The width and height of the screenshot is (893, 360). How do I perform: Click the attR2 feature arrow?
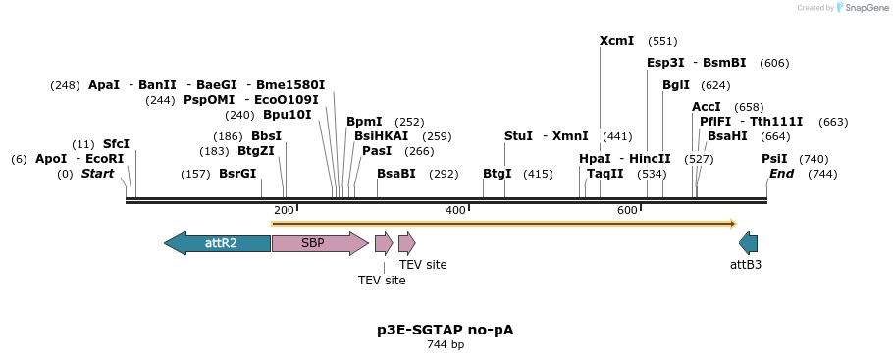click(218, 243)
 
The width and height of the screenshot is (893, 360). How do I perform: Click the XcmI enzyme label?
click(616, 41)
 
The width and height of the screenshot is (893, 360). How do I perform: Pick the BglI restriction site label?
click(676, 85)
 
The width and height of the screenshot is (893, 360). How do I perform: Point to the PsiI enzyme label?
click(774, 159)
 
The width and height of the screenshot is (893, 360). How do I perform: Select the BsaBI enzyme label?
click(396, 174)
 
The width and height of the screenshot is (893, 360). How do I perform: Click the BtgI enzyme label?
click(497, 174)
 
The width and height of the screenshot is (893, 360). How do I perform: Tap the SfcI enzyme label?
click(116, 144)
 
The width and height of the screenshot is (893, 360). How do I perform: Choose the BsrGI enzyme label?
click(237, 174)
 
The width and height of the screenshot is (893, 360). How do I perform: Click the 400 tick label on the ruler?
click(455, 210)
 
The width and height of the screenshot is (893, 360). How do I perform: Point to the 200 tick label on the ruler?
click(284, 210)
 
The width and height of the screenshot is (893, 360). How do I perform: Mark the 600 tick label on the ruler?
click(627, 210)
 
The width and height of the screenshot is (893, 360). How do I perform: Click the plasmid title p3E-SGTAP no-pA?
click(445, 330)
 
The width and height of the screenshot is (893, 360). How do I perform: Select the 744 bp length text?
click(446, 345)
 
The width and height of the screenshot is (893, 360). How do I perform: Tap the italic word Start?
click(97, 174)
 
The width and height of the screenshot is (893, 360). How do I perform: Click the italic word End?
click(781, 174)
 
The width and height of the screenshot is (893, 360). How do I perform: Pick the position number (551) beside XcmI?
click(662, 42)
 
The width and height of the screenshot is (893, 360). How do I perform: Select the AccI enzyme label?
click(707, 107)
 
